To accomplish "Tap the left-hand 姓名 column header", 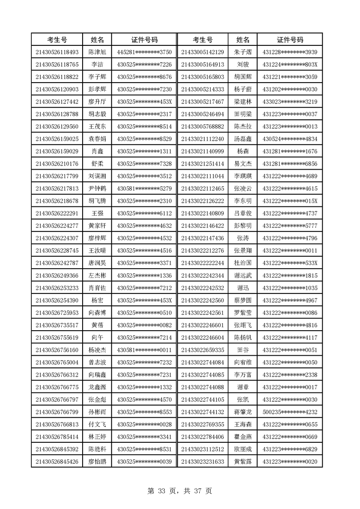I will [97, 39].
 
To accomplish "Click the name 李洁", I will [97, 64].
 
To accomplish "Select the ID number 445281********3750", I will [144, 52].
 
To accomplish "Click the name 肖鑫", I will [97, 151].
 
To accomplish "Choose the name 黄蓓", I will [97, 325].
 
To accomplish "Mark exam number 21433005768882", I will [202, 126].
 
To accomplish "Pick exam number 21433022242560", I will [202, 300].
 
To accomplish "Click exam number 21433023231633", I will [202, 462].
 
